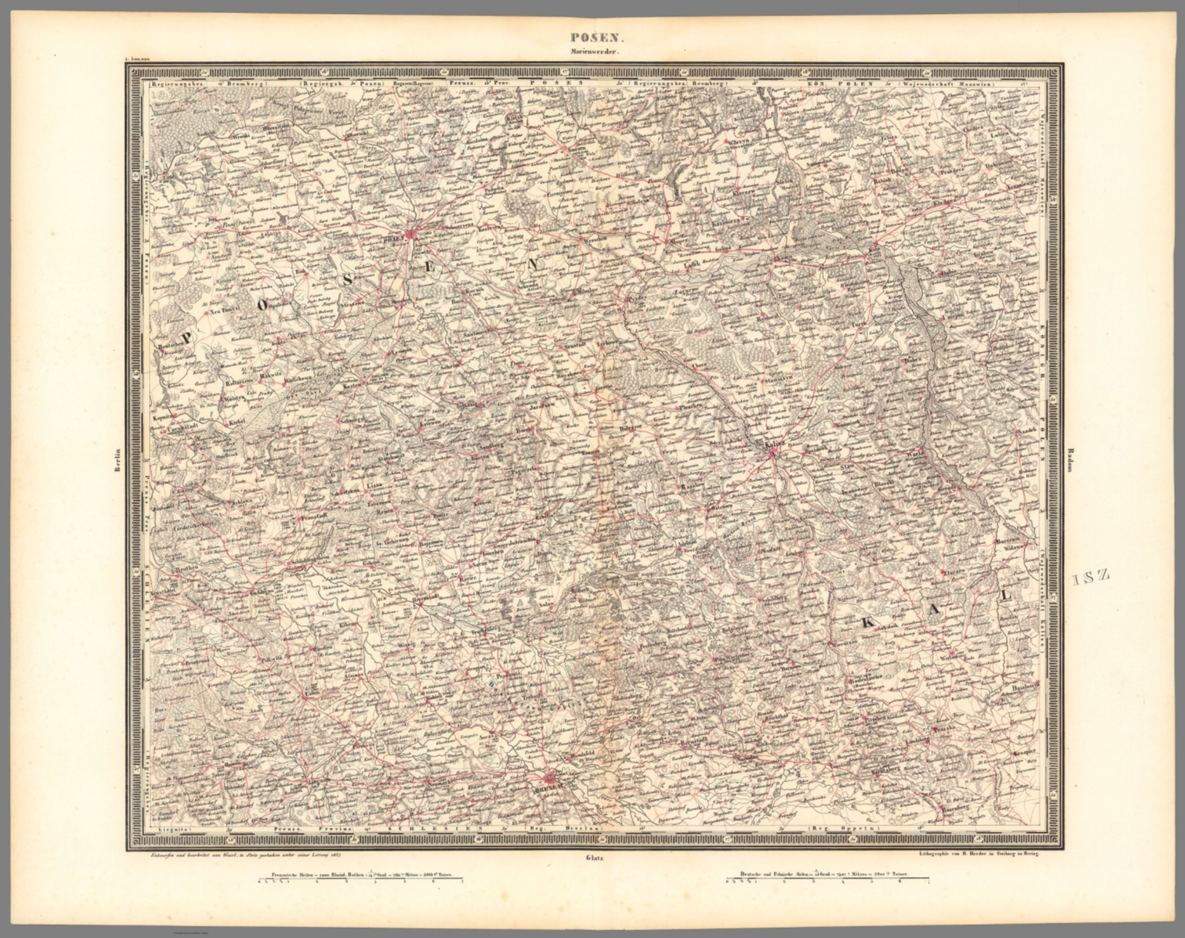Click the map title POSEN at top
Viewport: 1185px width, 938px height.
592,36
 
